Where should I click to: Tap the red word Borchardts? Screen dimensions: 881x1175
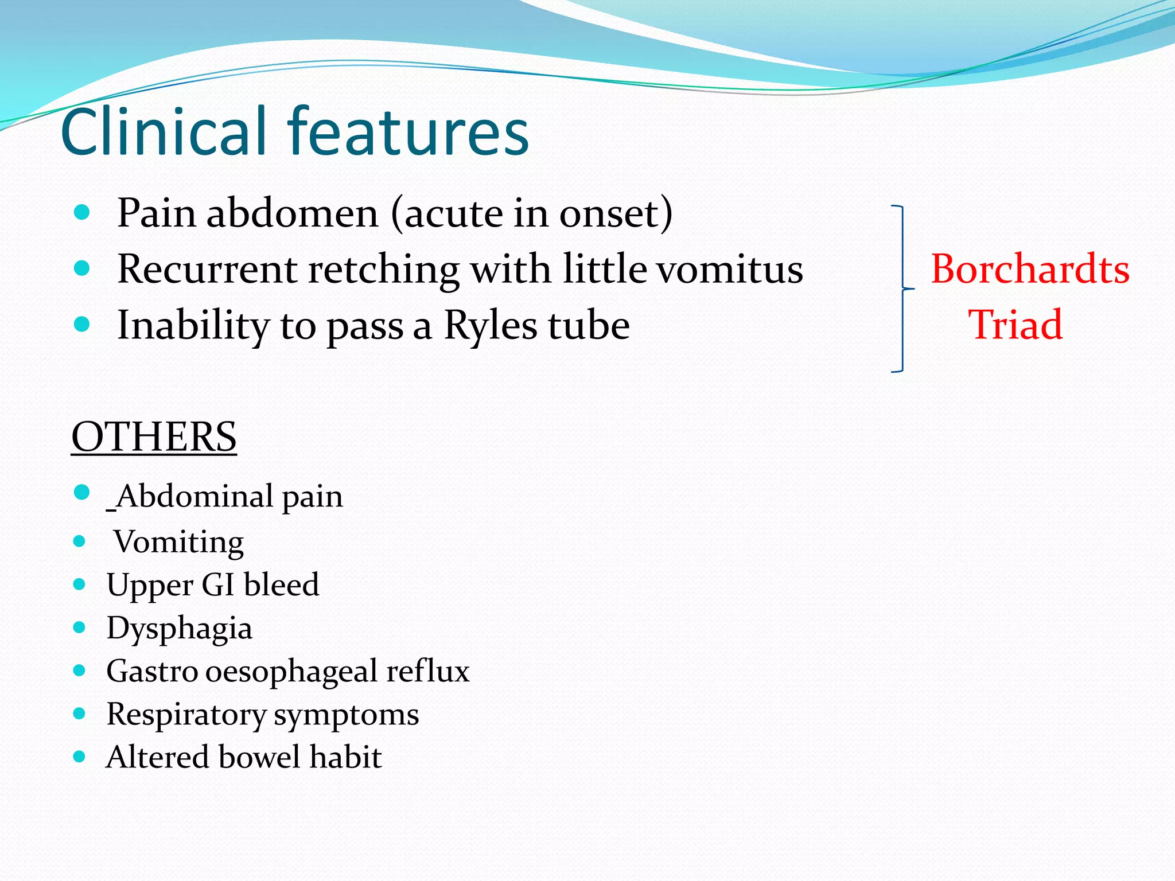[1030, 269]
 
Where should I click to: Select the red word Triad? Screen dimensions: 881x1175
[1016, 325]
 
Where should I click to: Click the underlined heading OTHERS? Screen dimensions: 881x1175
[154, 437]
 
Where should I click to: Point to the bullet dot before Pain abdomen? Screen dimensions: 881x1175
[82, 213]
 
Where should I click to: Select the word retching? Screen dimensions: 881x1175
[383, 270]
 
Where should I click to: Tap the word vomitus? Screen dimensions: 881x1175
[730, 270]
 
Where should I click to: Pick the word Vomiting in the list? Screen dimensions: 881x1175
[178, 542]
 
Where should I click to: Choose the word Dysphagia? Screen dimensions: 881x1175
[180, 628]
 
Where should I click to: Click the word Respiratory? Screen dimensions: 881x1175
[186, 715]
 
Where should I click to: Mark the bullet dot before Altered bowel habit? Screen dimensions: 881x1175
[80, 757]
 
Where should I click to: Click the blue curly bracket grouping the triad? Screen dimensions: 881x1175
[902, 289]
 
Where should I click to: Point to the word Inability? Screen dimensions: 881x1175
[193, 326]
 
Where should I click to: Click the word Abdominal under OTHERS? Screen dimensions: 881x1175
[194, 496]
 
